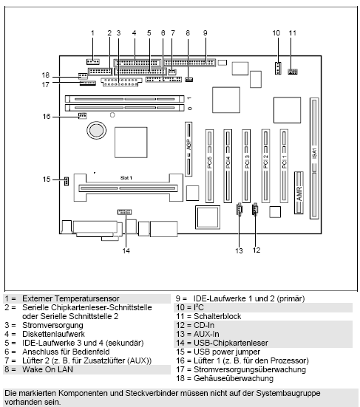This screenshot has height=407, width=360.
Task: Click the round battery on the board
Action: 97,131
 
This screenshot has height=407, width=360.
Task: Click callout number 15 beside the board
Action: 46,179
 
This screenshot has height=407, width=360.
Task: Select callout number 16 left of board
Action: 46,116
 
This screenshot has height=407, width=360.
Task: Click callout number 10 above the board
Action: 276,33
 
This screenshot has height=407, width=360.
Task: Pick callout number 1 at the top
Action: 92,33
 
